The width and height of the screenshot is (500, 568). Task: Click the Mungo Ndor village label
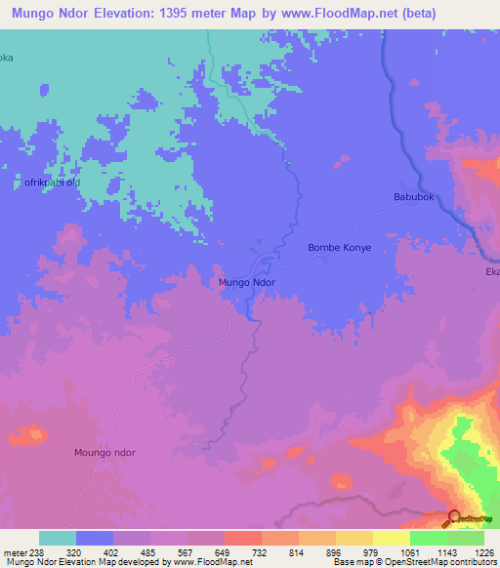246,282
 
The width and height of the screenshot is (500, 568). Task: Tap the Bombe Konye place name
340,248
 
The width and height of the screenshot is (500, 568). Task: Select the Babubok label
412,197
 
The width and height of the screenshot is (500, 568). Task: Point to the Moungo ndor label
104,453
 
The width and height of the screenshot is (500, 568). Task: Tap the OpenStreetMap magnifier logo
454,519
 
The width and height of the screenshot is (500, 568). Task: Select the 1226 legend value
484,551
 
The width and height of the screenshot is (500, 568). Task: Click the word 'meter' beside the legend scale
16,551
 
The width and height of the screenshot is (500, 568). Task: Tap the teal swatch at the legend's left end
58,538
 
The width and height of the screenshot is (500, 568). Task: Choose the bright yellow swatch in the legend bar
391,538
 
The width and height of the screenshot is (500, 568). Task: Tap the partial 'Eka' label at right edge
491,272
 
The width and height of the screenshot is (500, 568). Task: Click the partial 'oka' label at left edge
7,58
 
